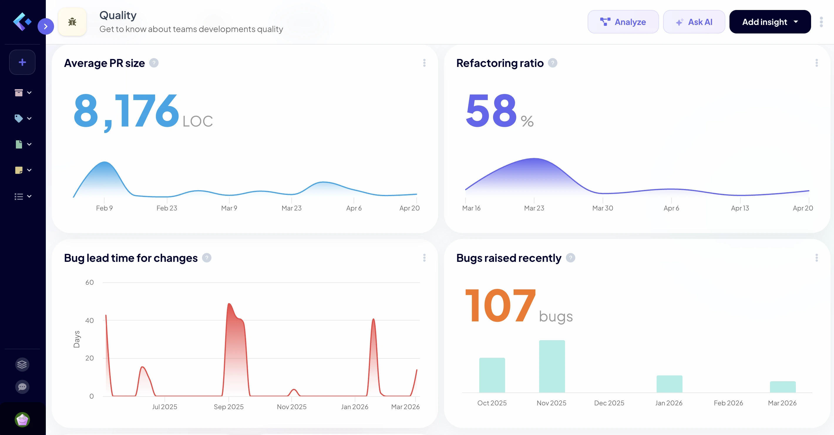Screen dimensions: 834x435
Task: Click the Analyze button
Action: click(623, 22)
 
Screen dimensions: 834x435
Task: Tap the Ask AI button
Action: click(694, 22)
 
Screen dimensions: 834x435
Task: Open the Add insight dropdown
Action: click(770, 22)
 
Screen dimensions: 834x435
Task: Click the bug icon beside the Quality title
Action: click(72, 22)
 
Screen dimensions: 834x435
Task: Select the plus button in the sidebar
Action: click(22, 62)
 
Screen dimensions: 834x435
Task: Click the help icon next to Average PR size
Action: click(154, 63)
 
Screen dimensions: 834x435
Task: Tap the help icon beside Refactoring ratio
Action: click(553, 63)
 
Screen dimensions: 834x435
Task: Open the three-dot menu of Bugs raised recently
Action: click(816, 258)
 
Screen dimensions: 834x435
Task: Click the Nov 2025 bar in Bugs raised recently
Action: click(552, 366)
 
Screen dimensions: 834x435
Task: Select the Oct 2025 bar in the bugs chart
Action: click(492, 375)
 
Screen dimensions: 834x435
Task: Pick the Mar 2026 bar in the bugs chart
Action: click(783, 387)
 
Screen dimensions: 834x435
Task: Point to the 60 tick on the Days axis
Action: click(89, 282)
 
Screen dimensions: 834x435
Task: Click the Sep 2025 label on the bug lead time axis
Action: click(228, 407)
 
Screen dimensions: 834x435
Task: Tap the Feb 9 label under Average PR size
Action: click(104, 208)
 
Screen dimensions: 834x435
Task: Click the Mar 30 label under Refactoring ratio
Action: click(603, 208)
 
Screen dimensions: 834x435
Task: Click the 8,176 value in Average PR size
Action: click(126, 111)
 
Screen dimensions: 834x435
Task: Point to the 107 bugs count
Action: click(500, 305)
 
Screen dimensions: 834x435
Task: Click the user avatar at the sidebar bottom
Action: click(22, 420)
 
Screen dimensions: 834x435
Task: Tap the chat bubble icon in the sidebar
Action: click(22, 387)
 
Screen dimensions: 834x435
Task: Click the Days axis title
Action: click(77, 339)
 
